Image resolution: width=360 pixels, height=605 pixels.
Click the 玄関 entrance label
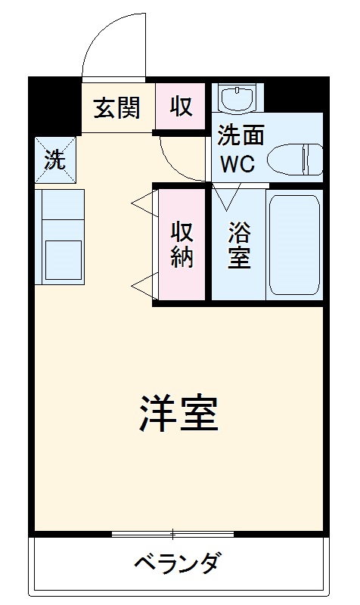[x=117, y=107]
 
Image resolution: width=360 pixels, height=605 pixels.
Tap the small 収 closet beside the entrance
[x=180, y=107]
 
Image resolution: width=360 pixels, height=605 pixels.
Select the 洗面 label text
[x=241, y=136]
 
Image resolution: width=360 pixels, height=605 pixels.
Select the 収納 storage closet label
[x=182, y=244]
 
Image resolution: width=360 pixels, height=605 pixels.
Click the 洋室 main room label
[x=179, y=413]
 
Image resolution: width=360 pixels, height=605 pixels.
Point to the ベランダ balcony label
[x=178, y=563]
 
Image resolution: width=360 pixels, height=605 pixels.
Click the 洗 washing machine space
[x=55, y=160]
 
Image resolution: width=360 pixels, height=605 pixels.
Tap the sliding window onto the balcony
[x=173, y=534]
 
